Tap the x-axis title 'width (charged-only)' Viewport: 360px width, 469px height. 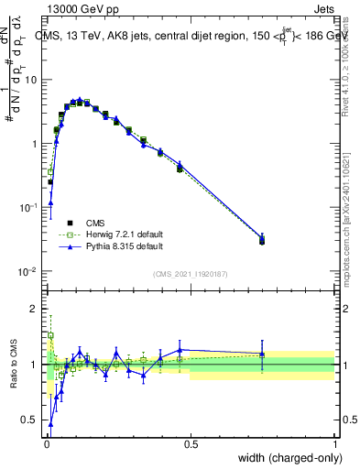pyautogui.click(x=288, y=457)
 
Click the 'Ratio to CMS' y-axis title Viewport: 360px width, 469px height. pyautogui.click(x=12, y=365)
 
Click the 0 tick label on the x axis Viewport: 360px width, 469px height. pyautogui.click(x=47, y=444)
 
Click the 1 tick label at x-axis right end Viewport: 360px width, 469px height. pyautogui.click(x=334, y=444)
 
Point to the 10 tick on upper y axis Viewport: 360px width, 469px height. pyautogui.click(x=32, y=80)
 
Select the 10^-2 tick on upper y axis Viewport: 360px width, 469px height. pyautogui.click(x=30, y=272)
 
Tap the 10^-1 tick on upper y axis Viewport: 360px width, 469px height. pyautogui.click(x=30, y=208)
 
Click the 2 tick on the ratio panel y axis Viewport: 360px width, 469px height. pyautogui.click(x=37, y=310)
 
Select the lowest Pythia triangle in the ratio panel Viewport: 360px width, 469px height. pyautogui.click(x=50, y=424)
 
